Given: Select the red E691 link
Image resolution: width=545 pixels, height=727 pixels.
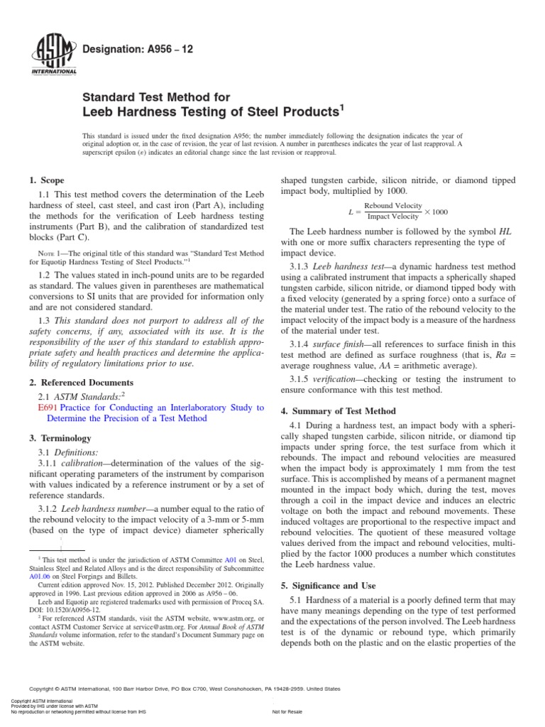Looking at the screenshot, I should point(47,408).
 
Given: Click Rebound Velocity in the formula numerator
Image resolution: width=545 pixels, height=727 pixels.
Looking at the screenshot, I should point(393,206).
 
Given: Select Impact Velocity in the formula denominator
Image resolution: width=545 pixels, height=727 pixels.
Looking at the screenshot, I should point(393,217).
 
